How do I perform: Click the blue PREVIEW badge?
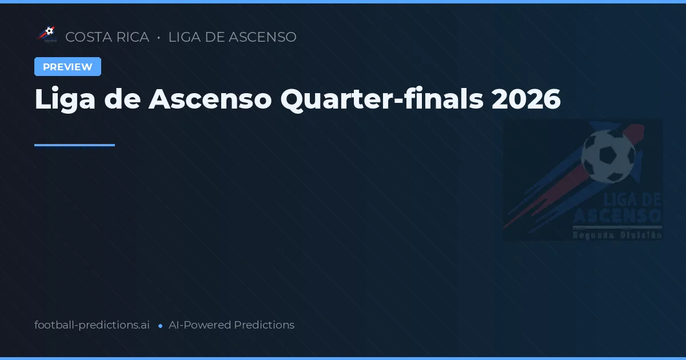[67, 67]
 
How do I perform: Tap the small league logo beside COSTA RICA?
[46, 35]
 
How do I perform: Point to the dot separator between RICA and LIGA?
[158, 38]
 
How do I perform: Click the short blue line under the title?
[74, 145]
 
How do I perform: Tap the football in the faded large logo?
[608, 156]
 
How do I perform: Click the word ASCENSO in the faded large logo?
[617, 216]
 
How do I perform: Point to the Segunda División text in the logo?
[617, 234]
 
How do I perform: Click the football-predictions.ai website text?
[92, 325]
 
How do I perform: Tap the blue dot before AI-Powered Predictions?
[160, 326]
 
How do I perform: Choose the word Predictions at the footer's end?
[264, 325]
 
